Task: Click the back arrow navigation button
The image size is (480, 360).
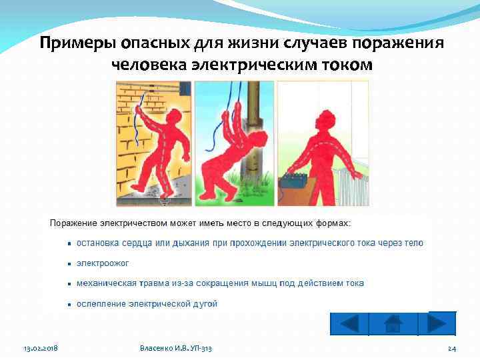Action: coord(349,324)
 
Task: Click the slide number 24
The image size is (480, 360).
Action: coord(451,349)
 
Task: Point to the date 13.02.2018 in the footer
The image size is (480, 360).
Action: coord(41,349)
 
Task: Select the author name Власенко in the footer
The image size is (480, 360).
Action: coord(159,349)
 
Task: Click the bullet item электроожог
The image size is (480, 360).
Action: coord(103,263)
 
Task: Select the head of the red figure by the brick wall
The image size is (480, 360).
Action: coord(173,117)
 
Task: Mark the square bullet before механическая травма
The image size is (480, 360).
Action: coord(69,284)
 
